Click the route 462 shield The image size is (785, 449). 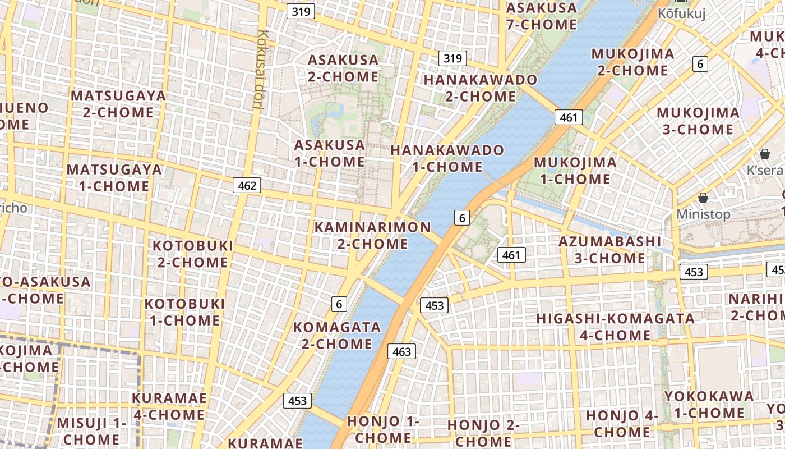247,185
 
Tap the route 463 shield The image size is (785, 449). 401,352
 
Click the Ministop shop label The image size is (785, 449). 703,214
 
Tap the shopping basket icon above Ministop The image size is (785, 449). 703,198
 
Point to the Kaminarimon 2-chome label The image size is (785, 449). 372,236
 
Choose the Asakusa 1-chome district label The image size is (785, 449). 330,153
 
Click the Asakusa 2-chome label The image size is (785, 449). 343,68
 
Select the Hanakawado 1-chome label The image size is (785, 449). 447,158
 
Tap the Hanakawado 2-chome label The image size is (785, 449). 480,88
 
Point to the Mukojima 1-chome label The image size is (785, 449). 575,171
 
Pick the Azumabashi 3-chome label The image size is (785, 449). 610,250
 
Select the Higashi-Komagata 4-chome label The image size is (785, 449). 615,327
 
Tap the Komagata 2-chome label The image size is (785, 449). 337,335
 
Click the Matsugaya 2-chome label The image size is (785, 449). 118,104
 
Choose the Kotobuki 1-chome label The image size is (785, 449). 184,312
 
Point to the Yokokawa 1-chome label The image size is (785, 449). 709,404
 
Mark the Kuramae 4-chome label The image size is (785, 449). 169,406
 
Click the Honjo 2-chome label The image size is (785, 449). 483,433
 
